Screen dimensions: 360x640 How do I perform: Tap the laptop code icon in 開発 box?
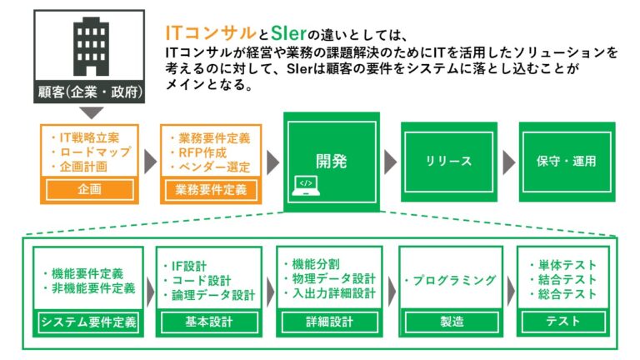click(x=305, y=184)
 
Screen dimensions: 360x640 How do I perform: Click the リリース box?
click(x=449, y=162)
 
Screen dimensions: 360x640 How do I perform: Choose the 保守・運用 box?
click(x=567, y=162)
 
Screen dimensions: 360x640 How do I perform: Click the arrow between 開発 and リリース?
click(x=390, y=162)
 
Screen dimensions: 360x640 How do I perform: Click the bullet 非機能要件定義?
click(x=92, y=288)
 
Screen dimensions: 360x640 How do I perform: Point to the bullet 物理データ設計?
click(x=331, y=279)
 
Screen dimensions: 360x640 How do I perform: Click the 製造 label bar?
click(x=451, y=322)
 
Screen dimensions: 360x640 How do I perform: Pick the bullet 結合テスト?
click(x=567, y=280)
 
